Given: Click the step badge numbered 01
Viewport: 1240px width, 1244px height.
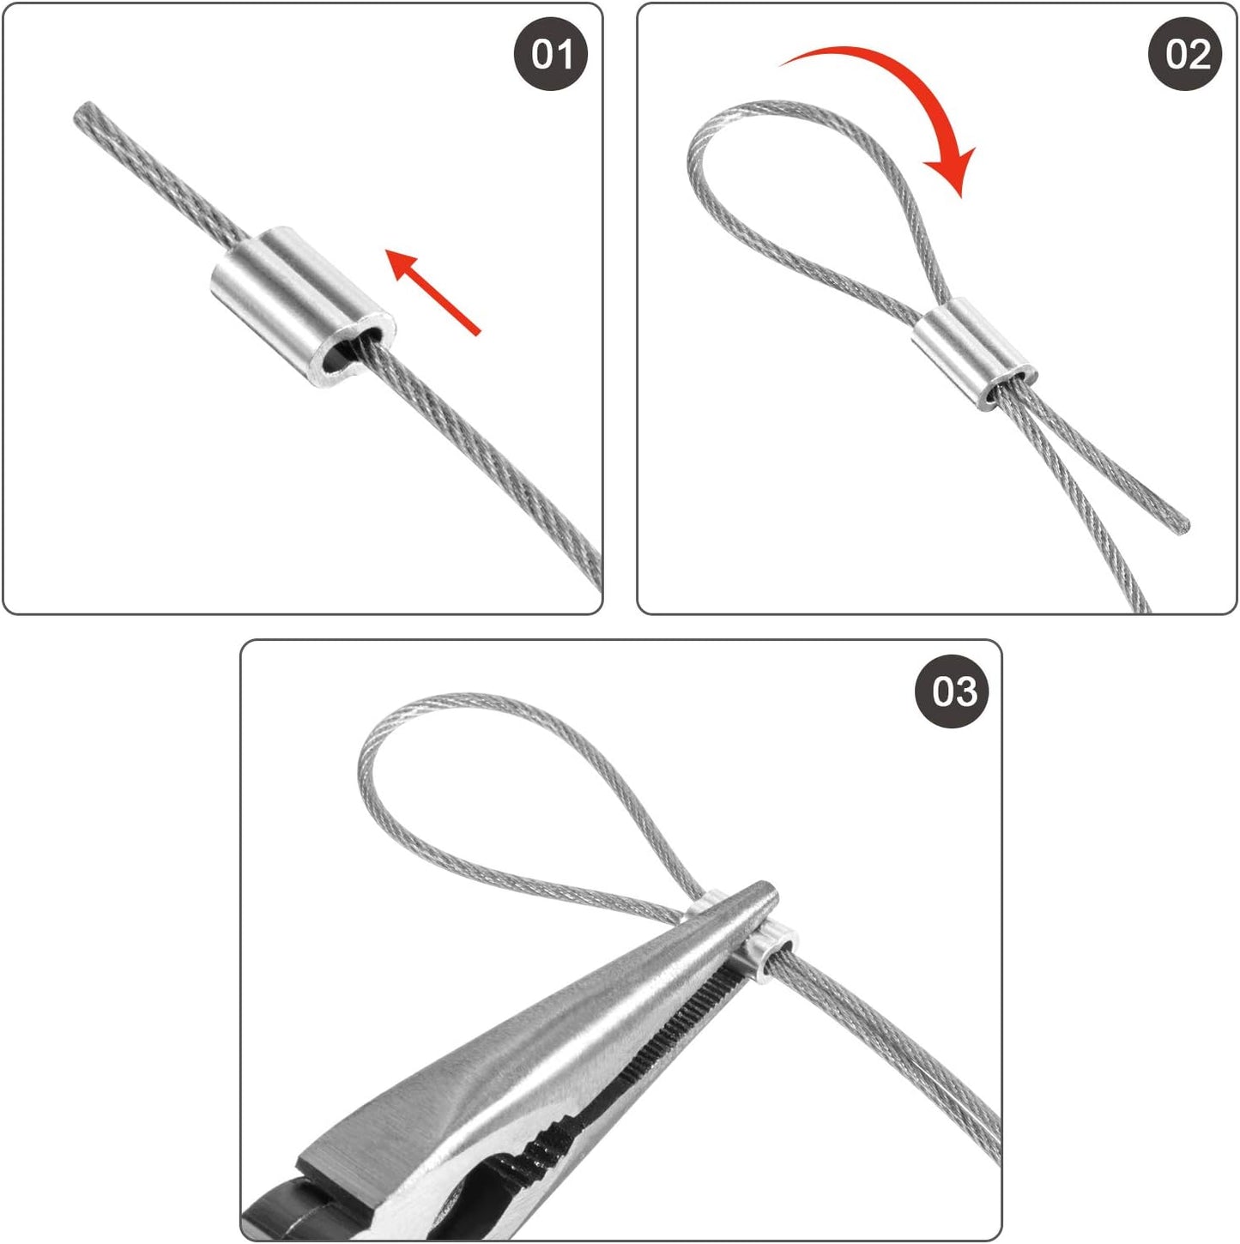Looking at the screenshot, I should click(x=552, y=55).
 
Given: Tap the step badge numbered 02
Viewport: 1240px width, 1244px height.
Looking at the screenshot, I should click(x=1186, y=55).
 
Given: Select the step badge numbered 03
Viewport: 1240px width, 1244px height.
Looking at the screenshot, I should click(x=953, y=691).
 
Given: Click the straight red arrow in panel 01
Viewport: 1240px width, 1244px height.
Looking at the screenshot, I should click(x=434, y=291).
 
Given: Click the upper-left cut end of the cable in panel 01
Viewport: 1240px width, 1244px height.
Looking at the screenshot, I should click(x=84, y=112).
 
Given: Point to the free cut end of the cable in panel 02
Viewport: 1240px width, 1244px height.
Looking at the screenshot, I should click(x=1183, y=524).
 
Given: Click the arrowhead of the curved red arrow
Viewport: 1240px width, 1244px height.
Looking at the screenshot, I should click(x=956, y=172).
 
